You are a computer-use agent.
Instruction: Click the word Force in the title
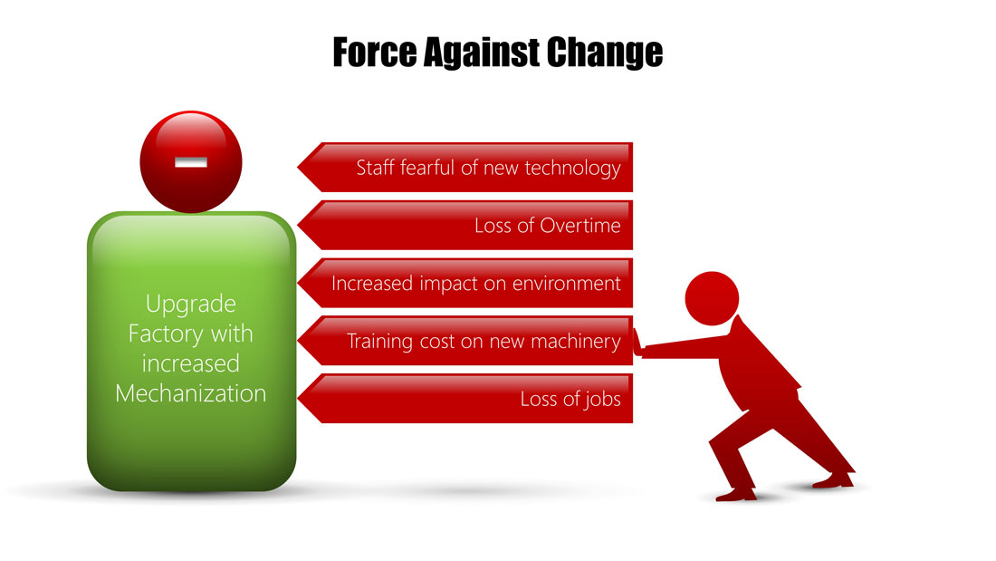point(375,53)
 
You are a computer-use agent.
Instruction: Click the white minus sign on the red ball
point(191,163)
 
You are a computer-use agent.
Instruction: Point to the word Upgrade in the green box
point(190,305)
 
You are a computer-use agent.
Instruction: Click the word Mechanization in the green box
point(190,393)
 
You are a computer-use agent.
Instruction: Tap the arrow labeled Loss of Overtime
point(465,225)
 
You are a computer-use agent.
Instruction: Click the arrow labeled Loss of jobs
point(465,399)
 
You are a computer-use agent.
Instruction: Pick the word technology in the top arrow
point(572,169)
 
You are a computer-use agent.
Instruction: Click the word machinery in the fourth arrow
point(576,343)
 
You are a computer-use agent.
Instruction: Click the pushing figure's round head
point(712,298)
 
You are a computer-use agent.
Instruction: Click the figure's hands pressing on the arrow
point(638,343)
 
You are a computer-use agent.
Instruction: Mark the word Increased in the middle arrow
point(371,284)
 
